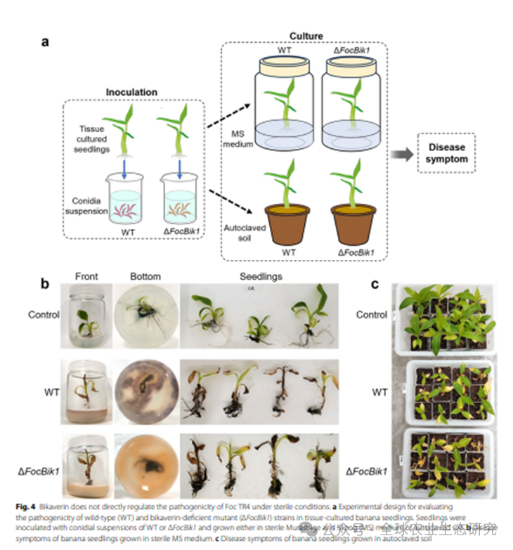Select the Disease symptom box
447,153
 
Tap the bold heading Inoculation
131,92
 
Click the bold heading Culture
306,35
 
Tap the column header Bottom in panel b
145,276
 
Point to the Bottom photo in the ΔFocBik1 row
145,466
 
